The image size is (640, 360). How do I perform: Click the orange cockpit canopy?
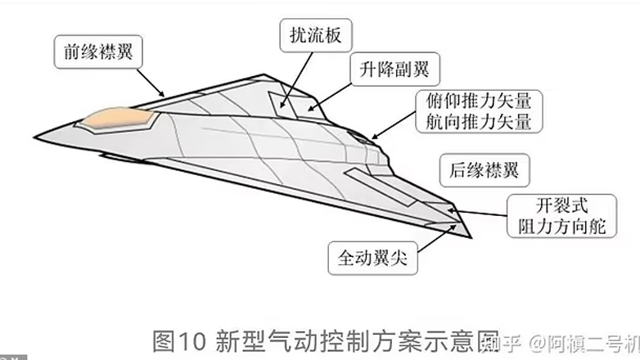(x=121, y=119)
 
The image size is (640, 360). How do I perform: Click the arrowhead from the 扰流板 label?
(x=282, y=107)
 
